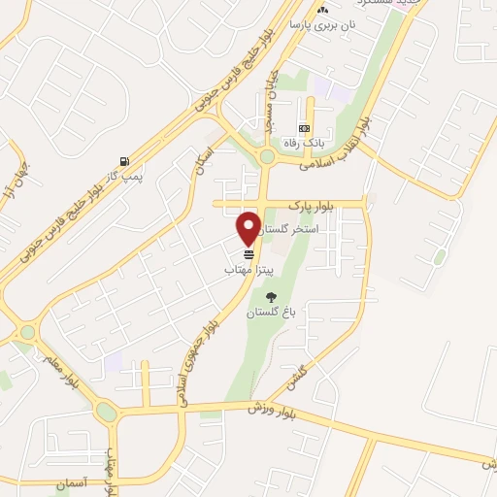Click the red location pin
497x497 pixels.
tap(248, 227)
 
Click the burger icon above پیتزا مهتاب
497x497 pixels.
tap(248, 253)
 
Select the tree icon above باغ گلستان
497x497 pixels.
tap(269, 297)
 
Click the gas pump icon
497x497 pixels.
tap(123, 160)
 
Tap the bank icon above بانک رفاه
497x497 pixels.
tap(304, 128)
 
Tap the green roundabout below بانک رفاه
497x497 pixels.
tap(266, 157)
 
